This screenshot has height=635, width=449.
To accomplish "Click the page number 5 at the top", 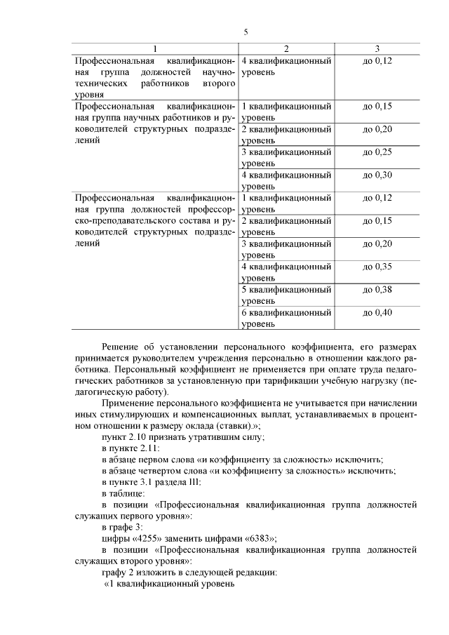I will click(246, 32).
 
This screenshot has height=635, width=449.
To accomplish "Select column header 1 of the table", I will click(155, 48).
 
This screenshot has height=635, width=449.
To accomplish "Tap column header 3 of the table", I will click(377, 48).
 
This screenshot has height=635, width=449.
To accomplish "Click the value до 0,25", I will click(377, 152).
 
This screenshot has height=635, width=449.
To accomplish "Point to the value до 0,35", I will click(377, 267).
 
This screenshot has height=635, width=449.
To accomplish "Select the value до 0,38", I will click(377, 289).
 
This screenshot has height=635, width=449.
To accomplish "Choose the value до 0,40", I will click(377, 312).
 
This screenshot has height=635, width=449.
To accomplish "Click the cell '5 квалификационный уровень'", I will click(286, 295).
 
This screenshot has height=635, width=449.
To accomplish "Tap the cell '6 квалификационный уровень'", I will click(286, 318).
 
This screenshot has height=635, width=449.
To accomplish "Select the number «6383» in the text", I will click(257, 538).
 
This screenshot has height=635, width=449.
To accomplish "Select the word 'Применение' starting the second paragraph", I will click(128, 403).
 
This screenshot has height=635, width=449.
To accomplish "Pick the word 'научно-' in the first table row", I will click(217, 72).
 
